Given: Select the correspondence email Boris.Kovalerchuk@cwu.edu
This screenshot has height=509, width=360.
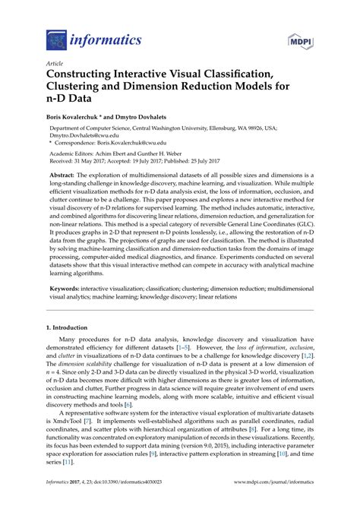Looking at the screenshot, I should click(x=152, y=145).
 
